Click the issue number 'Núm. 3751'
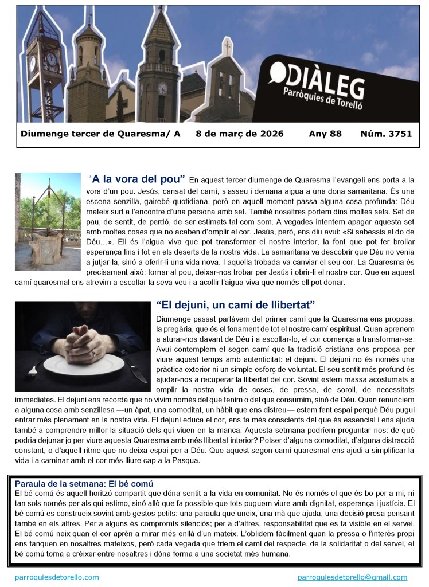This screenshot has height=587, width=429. [386, 134]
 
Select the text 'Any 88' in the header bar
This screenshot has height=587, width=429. [325, 134]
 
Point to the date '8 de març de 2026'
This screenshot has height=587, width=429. [240, 134]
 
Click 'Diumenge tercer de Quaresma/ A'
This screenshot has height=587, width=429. [100, 134]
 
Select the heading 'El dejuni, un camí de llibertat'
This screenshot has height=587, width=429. [236, 304]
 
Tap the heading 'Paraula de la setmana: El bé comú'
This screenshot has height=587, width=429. [84, 483]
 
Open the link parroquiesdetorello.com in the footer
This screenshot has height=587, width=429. [57, 577]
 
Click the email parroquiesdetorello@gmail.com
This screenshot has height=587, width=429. [352, 577]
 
